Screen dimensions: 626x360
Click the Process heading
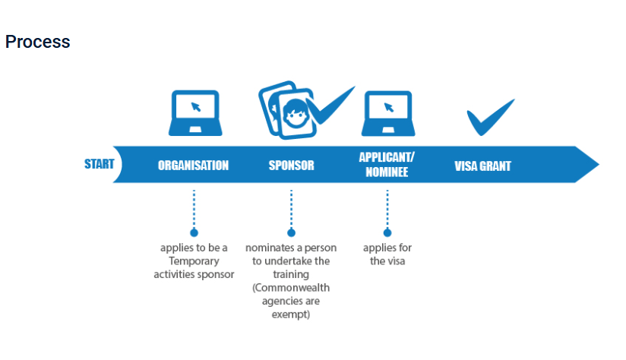pos(37,42)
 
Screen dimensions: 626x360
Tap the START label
pos(99,164)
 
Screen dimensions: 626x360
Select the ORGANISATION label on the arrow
pos(193,166)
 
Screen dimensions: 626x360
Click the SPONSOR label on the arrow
pos(292,166)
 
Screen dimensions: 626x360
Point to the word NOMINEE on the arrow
pos(387,172)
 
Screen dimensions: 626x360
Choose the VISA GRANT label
pos(482,166)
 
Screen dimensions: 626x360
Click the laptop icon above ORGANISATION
pos(195,113)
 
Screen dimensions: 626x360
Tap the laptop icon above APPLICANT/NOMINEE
pos(388,114)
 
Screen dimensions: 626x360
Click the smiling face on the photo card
pos(296,114)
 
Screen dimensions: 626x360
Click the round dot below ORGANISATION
pos(194,232)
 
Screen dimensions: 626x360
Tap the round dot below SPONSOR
pos(292,232)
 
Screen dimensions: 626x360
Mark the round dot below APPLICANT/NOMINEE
pos(387,232)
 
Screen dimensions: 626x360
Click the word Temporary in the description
pos(194,261)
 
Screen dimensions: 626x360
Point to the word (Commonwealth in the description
pos(291,288)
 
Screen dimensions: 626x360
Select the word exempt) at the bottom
pos(291,314)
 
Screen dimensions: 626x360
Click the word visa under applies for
pos(395,261)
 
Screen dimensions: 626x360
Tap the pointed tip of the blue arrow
pos(599,165)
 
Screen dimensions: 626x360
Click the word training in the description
pos(291,275)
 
